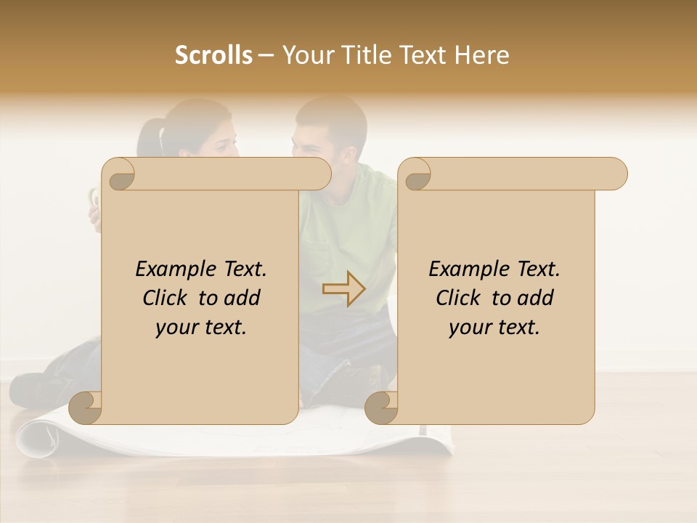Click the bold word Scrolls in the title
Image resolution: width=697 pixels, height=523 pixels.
pyautogui.click(x=213, y=54)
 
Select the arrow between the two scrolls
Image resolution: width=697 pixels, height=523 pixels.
pyautogui.click(x=343, y=289)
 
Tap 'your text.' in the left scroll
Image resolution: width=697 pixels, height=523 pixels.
pyautogui.click(x=201, y=327)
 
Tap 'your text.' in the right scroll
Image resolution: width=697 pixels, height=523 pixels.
pyautogui.click(x=494, y=327)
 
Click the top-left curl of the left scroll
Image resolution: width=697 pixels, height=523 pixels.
pyautogui.click(x=119, y=175)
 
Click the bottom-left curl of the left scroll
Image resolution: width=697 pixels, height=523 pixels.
pyautogui.click(x=86, y=408)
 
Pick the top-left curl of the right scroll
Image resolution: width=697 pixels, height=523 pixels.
pyautogui.click(x=415, y=175)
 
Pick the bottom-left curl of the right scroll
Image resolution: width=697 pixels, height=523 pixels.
pyautogui.click(x=381, y=408)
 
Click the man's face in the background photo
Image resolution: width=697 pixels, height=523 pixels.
pyautogui.click(x=319, y=138)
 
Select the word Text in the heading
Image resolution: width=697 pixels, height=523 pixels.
pyautogui.click(x=420, y=54)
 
